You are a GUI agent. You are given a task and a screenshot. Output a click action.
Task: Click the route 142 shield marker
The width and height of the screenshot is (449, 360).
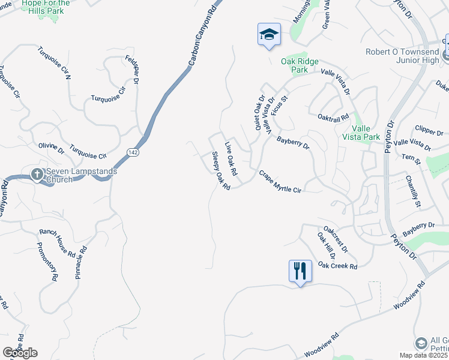point(133,154)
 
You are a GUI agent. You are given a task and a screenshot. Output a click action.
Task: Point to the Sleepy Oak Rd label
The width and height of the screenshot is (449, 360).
point(220,172)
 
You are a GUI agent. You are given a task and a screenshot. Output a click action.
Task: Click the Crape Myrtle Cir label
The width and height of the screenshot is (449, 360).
point(279,181)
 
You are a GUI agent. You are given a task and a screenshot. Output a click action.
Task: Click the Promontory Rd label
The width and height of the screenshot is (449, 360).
point(47,262)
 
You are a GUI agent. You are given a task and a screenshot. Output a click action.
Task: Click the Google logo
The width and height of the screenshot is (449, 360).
point(20,353)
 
